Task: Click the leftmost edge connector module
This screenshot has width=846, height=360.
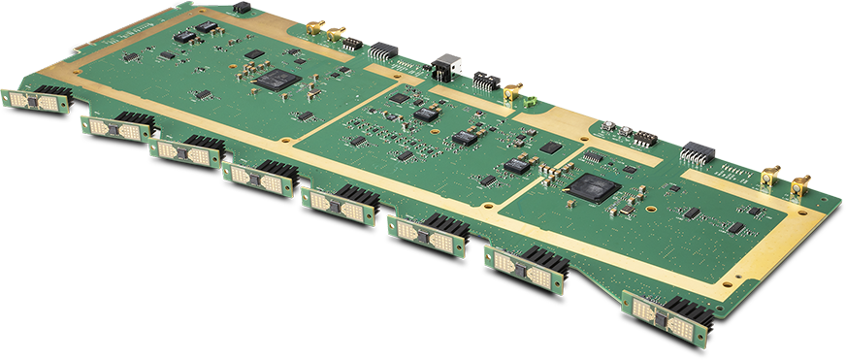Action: (x=34, y=101)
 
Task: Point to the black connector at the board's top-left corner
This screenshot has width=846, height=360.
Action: (x=241, y=8)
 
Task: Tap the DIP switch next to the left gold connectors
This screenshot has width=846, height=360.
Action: (x=353, y=44)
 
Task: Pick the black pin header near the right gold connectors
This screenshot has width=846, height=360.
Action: (x=697, y=153)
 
